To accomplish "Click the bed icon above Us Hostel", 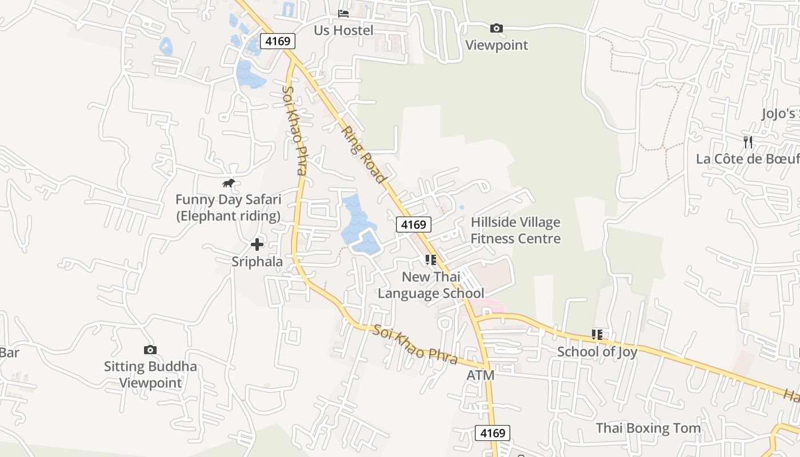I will (343, 13).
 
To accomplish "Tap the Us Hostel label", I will (343, 30).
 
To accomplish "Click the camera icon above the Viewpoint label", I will (497, 28).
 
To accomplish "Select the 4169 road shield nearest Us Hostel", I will (278, 41).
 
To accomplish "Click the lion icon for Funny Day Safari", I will (229, 183).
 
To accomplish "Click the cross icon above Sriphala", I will (257, 244).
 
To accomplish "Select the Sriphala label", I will (257, 262).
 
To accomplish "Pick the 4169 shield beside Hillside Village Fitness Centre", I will (413, 225).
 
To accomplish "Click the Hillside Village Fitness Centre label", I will (515, 230).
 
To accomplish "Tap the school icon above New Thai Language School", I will (431, 260).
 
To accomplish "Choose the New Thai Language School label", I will (431, 285).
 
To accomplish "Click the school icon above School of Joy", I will (597, 334).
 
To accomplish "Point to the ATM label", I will (480, 375).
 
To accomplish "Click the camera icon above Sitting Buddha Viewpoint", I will (150, 350).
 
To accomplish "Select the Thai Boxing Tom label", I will (648, 428).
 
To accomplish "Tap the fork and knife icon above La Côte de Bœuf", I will (747, 142).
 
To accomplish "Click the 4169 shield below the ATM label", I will (493, 433).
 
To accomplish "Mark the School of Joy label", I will (597, 352).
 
